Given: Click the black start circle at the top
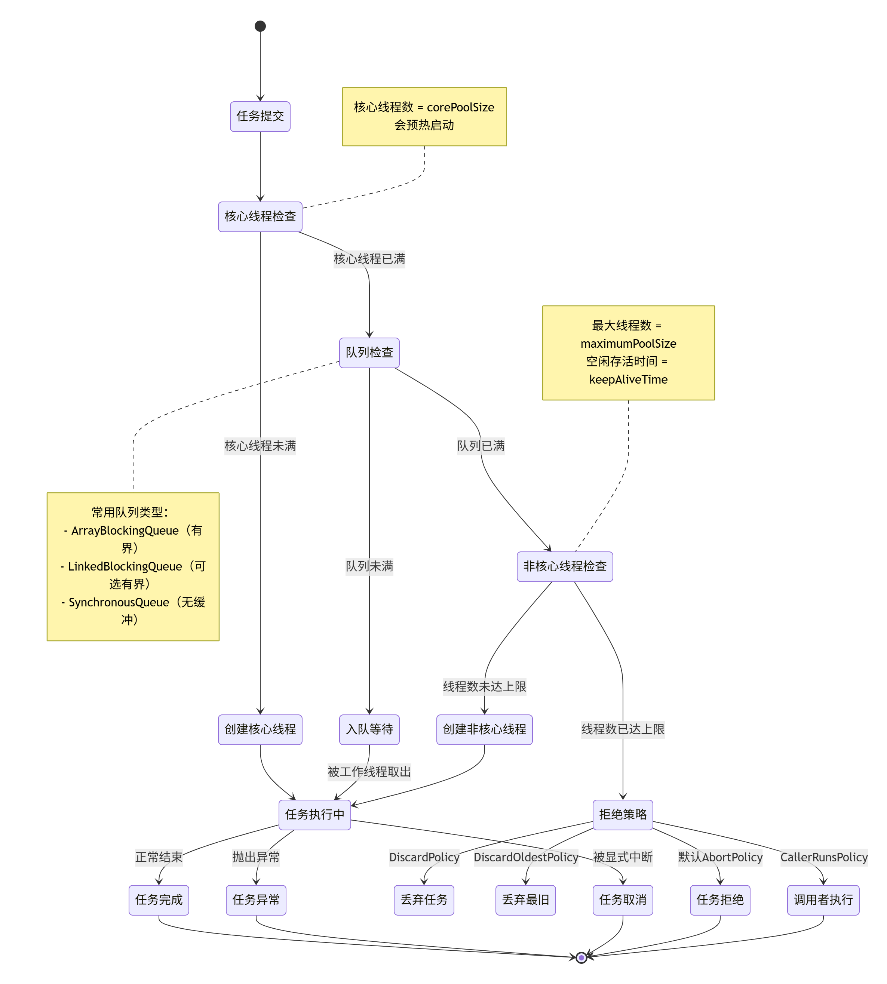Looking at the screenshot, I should [260, 26].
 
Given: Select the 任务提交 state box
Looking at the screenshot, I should [260, 116].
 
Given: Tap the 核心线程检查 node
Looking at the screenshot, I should [260, 217].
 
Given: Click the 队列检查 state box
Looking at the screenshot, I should [369, 353].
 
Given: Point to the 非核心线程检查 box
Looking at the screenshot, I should [565, 566].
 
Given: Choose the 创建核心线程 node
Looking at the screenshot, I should [260, 729].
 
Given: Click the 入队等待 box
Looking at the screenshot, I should [369, 729].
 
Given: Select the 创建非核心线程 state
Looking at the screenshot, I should [484, 729].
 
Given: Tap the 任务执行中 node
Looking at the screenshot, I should [315, 815].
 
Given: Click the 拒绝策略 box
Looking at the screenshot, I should [623, 815].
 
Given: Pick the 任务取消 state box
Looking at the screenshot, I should [623, 900].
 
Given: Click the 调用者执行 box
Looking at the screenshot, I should [823, 900].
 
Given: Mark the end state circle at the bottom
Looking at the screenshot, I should [581, 958].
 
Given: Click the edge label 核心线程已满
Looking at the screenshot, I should [369, 259].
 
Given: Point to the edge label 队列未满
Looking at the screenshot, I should [369, 566].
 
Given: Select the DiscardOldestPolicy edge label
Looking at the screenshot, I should [526, 857].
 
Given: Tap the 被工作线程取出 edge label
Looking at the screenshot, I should [369, 772].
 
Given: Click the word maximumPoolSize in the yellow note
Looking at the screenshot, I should [628, 344].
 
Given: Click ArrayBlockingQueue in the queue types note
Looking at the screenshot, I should [125, 531].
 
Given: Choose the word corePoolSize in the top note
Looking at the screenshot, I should [461, 108].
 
